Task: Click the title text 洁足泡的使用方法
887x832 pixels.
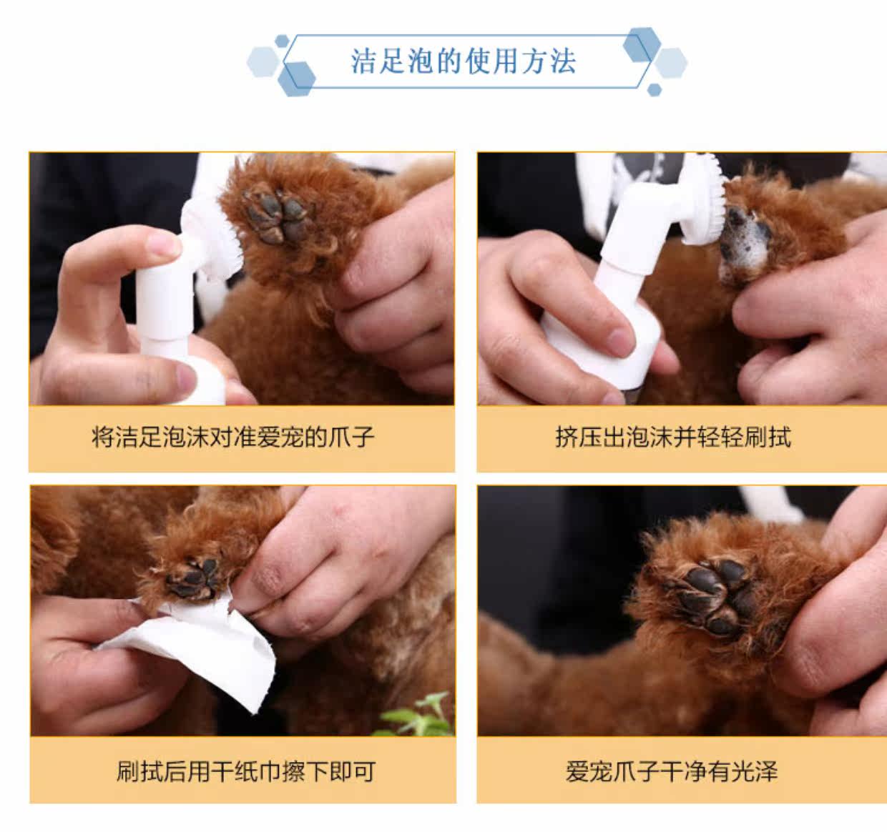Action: click(x=463, y=61)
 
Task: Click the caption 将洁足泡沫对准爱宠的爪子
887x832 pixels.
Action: click(x=232, y=437)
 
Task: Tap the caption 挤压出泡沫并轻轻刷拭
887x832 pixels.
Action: click(x=673, y=437)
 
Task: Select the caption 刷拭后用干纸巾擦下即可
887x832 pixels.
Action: click(x=245, y=771)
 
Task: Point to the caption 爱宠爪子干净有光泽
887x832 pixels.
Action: click(x=672, y=771)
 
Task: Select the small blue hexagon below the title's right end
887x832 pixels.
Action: click(x=655, y=89)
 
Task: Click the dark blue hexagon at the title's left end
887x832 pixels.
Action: click(x=296, y=79)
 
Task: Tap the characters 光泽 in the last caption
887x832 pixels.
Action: click(x=755, y=771)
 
